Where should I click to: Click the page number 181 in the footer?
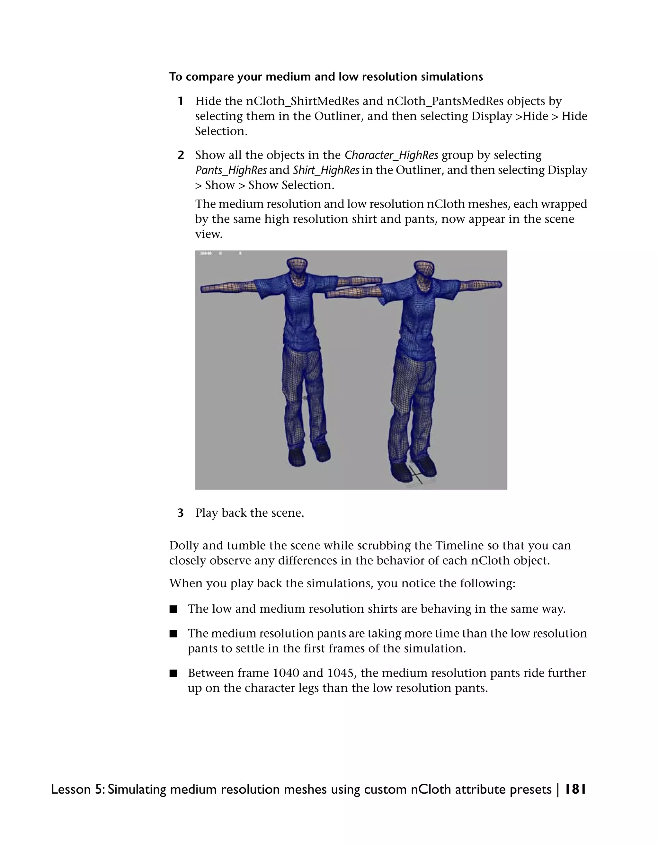(x=575, y=789)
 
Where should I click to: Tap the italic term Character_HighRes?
(x=391, y=155)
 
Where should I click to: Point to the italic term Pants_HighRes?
(x=231, y=170)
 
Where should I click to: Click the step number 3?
(x=181, y=513)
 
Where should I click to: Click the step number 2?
(x=181, y=155)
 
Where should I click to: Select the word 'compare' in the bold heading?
(x=209, y=77)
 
